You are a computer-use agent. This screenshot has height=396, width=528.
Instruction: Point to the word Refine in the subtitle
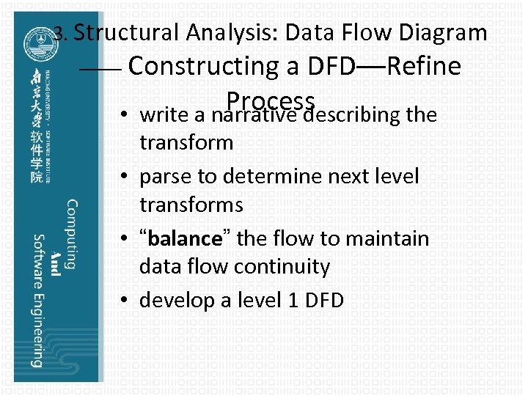pos(423,66)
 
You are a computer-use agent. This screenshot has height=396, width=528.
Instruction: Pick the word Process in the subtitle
pos(271,100)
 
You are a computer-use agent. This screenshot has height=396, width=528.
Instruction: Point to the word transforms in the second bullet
pos(191,204)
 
